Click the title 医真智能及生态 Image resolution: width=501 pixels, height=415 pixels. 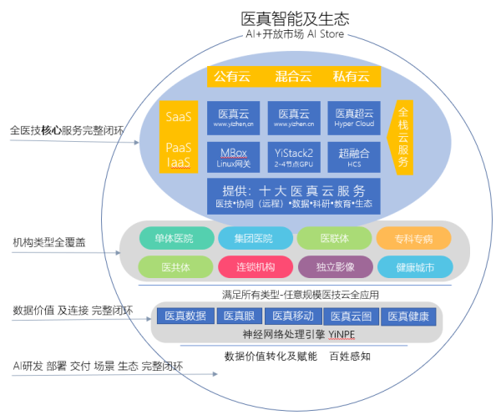pyautogui.click(x=295, y=18)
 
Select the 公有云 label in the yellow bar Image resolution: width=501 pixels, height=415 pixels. pyautogui.click(x=232, y=77)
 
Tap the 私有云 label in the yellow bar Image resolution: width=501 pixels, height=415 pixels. pyautogui.click(x=351, y=77)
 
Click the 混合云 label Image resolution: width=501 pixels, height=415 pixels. pyautogui.click(x=292, y=77)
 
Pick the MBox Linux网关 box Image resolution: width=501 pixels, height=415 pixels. pyautogui.click(x=233, y=156)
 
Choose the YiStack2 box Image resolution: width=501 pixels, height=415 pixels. pyautogui.click(x=293, y=156)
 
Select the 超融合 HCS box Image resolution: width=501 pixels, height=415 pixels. pyautogui.click(x=353, y=156)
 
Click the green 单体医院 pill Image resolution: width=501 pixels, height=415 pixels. pyautogui.click(x=174, y=239)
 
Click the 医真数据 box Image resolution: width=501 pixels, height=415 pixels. pyautogui.click(x=185, y=316)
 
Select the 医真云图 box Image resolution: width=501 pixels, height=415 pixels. pyautogui.click(x=352, y=316)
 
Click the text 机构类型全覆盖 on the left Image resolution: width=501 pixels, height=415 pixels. pyautogui.click(x=48, y=241)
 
